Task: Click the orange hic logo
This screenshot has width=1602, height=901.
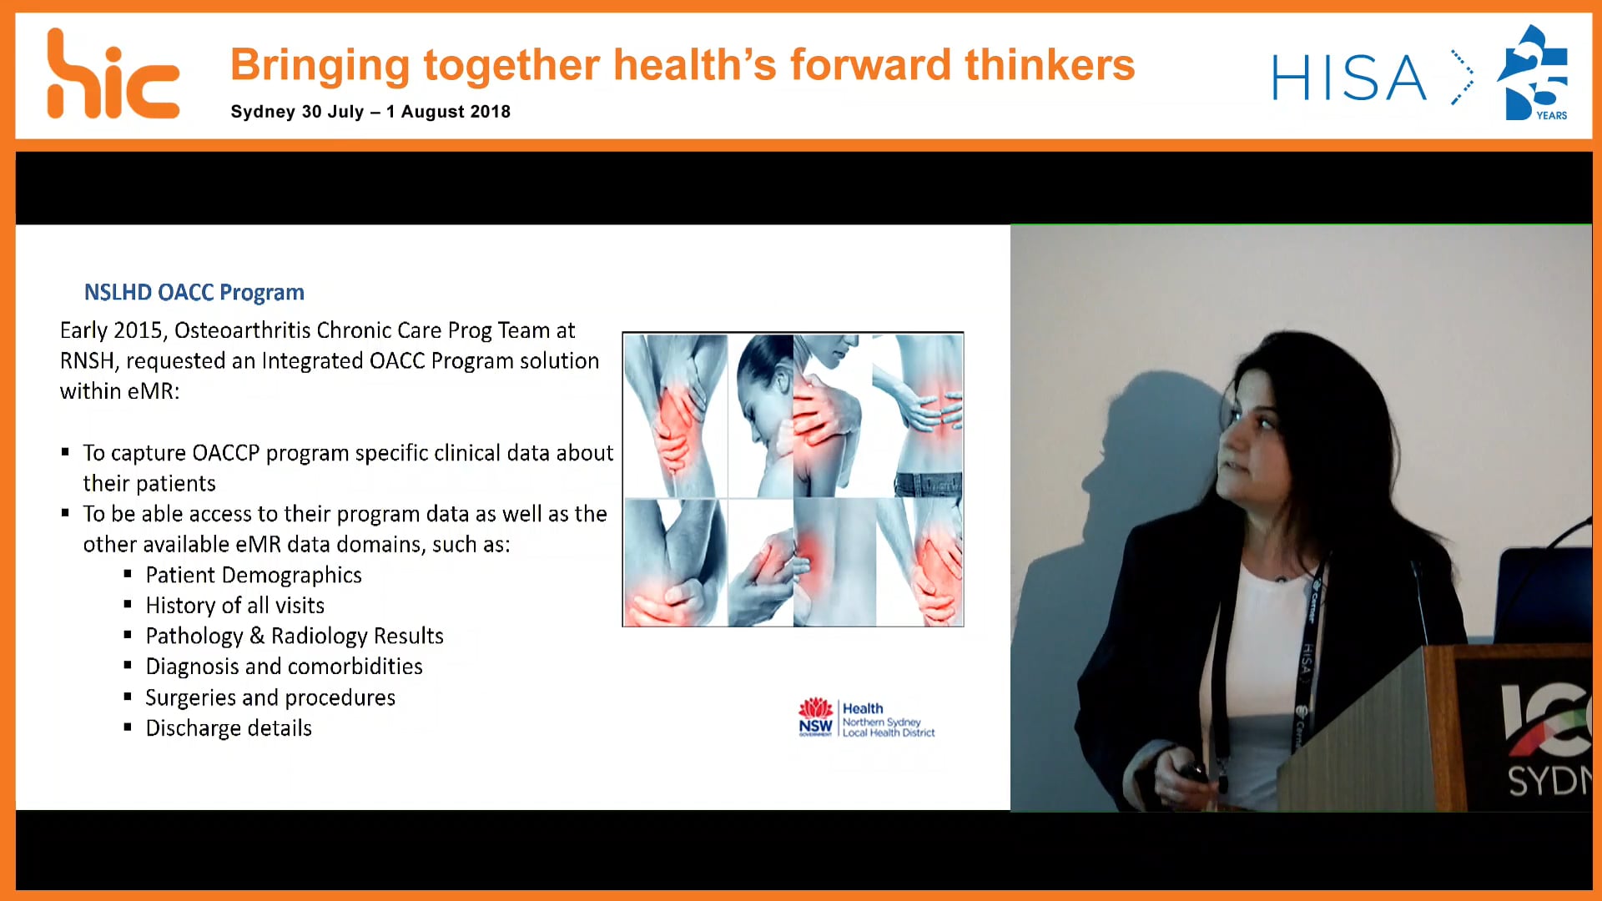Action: coord(113,75)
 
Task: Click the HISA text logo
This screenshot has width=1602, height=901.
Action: coord(1348,78)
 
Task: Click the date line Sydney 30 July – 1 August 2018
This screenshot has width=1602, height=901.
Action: coord(370,112)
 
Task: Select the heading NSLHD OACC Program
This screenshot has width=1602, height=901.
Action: coord(194,292)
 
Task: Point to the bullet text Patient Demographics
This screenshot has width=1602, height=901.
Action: coord(253,575)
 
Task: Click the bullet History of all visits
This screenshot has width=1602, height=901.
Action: coord(234,606)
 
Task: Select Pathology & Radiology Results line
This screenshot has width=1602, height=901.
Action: coord(294,636)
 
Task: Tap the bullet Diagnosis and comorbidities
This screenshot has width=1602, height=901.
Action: coord(284,667)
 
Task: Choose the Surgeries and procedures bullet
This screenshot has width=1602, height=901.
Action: coord(270,697)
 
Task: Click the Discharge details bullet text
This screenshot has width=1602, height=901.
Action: coord(228,728)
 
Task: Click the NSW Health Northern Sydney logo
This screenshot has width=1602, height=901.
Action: coord(866,719)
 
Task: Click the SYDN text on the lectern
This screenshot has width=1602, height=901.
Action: coord(1548,781)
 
